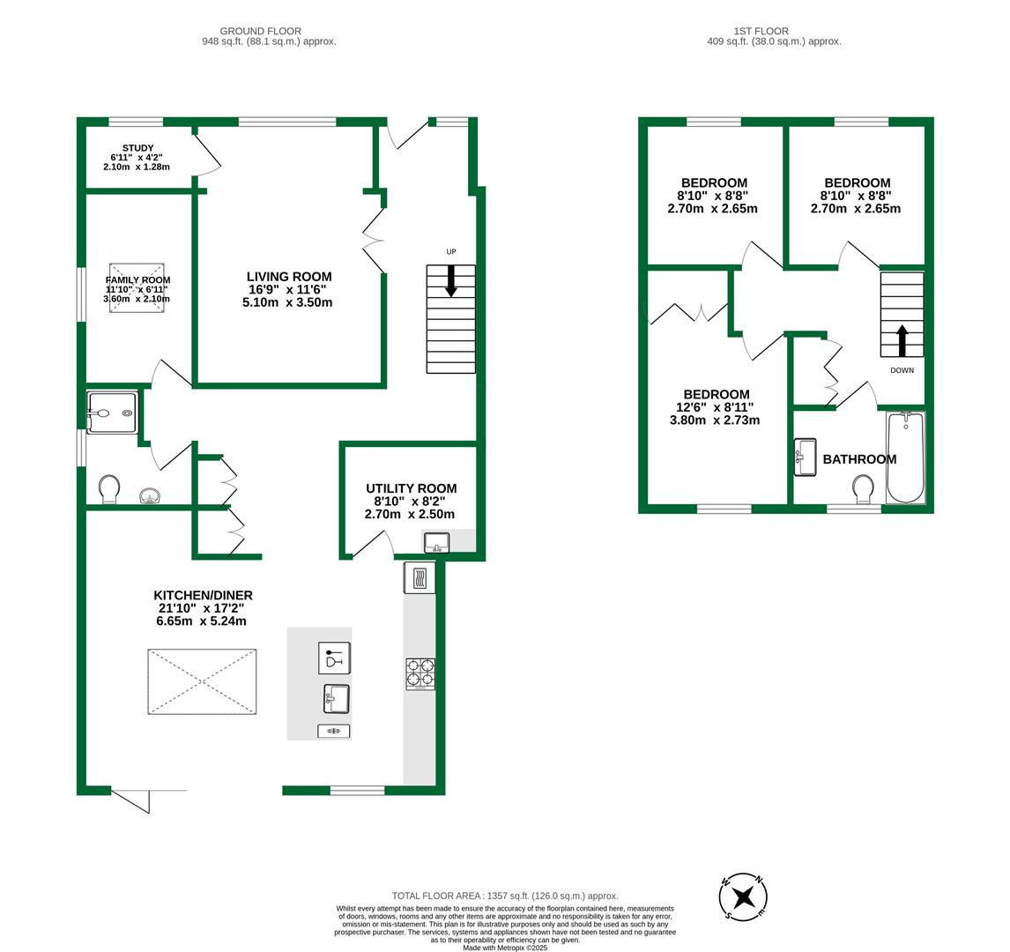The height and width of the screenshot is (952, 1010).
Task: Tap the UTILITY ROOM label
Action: [412, 488]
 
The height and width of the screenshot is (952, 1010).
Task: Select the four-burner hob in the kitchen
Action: [420, 674]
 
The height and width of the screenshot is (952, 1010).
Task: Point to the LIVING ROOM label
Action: [289, 277]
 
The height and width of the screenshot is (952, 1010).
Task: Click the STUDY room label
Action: [137, 148]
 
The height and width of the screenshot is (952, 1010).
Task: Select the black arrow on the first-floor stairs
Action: [902, 339]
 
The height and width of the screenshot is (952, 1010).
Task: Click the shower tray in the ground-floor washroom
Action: [113, 413]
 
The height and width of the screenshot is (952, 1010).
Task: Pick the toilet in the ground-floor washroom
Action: [109, 488]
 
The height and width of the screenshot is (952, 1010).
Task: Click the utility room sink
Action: [436, 542]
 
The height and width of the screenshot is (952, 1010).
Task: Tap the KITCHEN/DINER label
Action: [203, 596]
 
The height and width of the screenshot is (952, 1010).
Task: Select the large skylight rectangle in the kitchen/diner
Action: [202, 681]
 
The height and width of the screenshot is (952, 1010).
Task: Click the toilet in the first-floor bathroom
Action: [863, 488]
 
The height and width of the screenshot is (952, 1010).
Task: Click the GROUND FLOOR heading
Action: [260, 31]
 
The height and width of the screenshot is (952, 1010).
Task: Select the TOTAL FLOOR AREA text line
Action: [505, 896]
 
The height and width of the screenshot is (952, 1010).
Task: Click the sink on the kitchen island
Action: [336, 699]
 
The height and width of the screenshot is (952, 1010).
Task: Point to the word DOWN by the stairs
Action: [902, 370]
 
